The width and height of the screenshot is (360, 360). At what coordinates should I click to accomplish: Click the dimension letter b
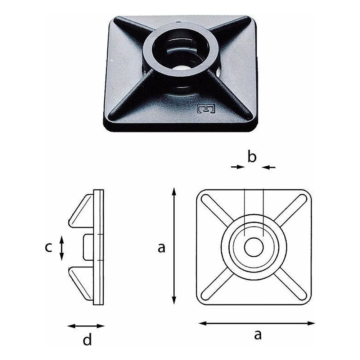click(x=252, y=157)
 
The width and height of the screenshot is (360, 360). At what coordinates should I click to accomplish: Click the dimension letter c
click(x=49, y=247)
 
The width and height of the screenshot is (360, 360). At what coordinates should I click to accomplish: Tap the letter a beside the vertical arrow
click(x=161, y=248)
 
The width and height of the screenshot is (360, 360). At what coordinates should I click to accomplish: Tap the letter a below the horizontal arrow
click(x=258, y=334)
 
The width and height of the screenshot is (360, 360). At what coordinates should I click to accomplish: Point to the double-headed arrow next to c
click(x=62, y=248)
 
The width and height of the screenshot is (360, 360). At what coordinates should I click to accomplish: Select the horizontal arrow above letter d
click(x=86, y=326)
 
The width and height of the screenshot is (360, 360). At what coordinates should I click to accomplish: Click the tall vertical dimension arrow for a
click(x=174, y=246)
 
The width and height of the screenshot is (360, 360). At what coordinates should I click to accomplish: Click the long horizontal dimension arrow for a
click(x=256, y=323)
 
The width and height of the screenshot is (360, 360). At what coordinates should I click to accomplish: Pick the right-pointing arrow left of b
click(x=238, y=167)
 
